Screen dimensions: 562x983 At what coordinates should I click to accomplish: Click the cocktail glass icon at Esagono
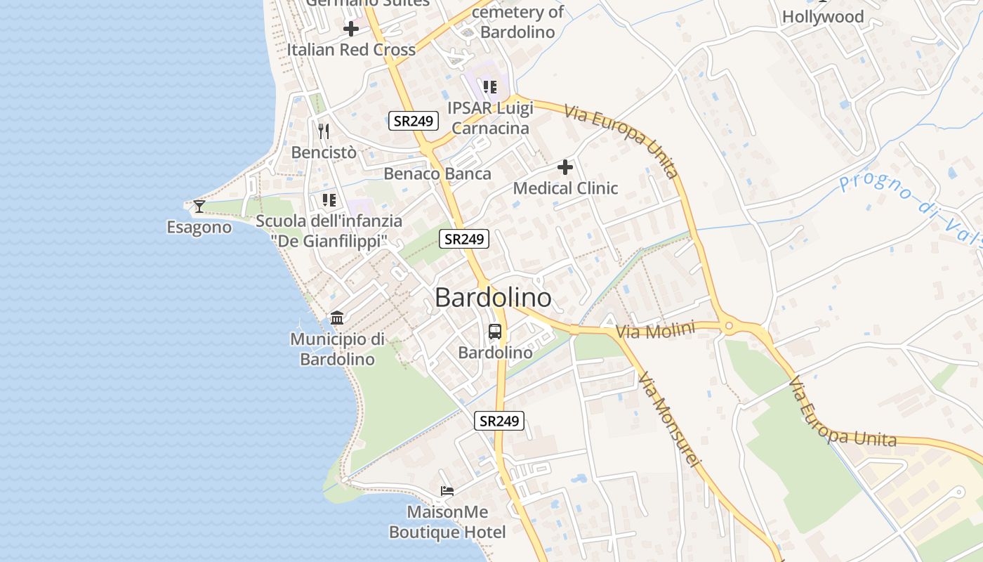click(x=199, y=206)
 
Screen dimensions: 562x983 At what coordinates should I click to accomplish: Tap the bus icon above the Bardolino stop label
click(x=495, y=331)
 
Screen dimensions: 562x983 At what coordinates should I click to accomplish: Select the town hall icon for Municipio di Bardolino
click(x=337, y=318)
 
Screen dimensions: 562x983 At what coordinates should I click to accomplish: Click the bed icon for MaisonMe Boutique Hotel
click(x=447, y=490)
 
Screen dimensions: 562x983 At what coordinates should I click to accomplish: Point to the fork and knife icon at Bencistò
click(x=324, y=131)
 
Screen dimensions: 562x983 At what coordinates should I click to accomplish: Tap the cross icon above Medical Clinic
click(x=565, y=167)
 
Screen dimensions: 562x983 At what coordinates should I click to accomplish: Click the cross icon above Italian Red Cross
click(x=351, y=29)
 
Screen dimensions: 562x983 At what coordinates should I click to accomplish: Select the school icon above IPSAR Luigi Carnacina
click(x=490, y=87)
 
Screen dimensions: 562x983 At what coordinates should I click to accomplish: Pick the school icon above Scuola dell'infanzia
click(x=329, y=200)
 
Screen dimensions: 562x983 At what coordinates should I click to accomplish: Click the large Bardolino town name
click(x=493, y=298)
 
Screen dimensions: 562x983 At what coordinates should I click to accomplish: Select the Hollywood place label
click(x=823, y=16)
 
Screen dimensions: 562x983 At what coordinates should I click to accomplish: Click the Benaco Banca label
click(x=437, y=174)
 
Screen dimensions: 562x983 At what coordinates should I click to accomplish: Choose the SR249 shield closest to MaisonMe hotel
click(x=499, y=421)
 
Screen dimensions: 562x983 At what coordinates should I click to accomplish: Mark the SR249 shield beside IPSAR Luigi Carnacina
click(x=414, y=121)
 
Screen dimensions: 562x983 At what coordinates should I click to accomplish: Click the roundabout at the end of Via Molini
click(x=729, y=326)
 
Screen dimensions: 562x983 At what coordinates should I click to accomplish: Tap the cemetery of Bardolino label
click(x=517, y=22)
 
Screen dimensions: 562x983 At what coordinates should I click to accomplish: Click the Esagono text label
click(x=199, y=227)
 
